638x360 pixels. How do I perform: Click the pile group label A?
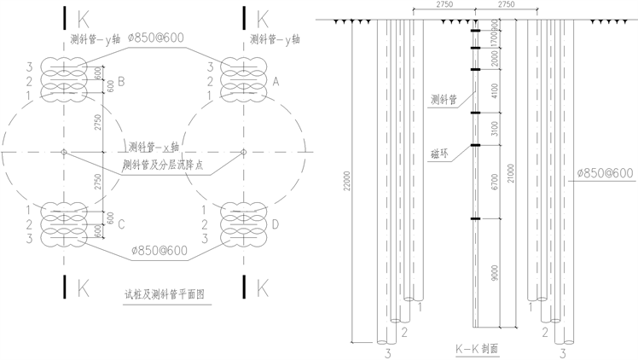[275, 81]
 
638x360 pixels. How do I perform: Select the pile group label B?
[121, 82]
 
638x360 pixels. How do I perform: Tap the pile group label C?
[121, 224]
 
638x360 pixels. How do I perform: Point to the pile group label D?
[275, 224]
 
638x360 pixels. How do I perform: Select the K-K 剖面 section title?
[476, 349]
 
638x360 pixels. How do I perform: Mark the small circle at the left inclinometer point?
[63, 153]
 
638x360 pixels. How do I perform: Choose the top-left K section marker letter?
[82, 17]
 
